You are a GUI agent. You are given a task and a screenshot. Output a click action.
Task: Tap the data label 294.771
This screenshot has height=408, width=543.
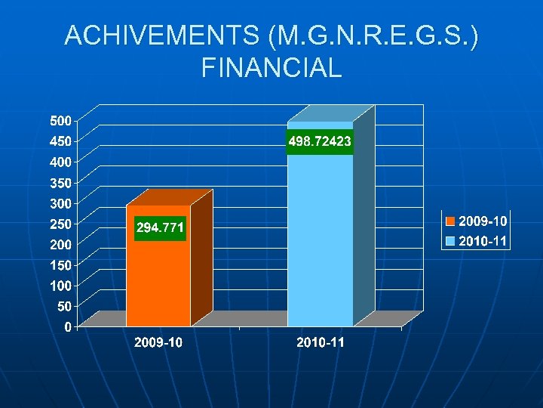(159, 227)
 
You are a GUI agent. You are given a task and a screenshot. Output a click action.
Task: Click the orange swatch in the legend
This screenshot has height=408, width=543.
(449, 221)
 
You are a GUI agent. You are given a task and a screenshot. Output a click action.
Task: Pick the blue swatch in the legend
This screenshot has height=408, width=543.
(449, 242)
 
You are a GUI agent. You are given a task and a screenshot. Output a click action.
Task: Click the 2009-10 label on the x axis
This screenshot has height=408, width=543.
(158, 343)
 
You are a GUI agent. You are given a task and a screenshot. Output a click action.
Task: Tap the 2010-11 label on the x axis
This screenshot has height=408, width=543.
(321, 343)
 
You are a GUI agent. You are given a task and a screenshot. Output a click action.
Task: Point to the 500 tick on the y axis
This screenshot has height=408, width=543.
(61, 120)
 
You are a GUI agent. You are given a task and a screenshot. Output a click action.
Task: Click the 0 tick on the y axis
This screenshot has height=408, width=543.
(68, 327)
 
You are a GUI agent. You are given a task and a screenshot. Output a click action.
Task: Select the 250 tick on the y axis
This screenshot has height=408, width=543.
(61, 224)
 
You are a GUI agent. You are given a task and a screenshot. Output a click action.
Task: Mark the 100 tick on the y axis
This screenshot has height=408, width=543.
(61, 286)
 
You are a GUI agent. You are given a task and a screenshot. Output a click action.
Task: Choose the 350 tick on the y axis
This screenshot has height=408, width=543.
(61, 182)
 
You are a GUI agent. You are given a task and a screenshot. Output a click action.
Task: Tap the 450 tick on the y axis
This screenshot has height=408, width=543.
(61, 141)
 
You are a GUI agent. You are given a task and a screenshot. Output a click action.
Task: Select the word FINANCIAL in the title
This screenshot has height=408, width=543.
(271, 68)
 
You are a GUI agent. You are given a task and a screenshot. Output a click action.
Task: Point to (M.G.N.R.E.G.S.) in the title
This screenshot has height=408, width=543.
(370, 36)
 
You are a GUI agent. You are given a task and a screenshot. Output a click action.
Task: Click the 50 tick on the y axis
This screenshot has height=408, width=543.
(64, 306)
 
